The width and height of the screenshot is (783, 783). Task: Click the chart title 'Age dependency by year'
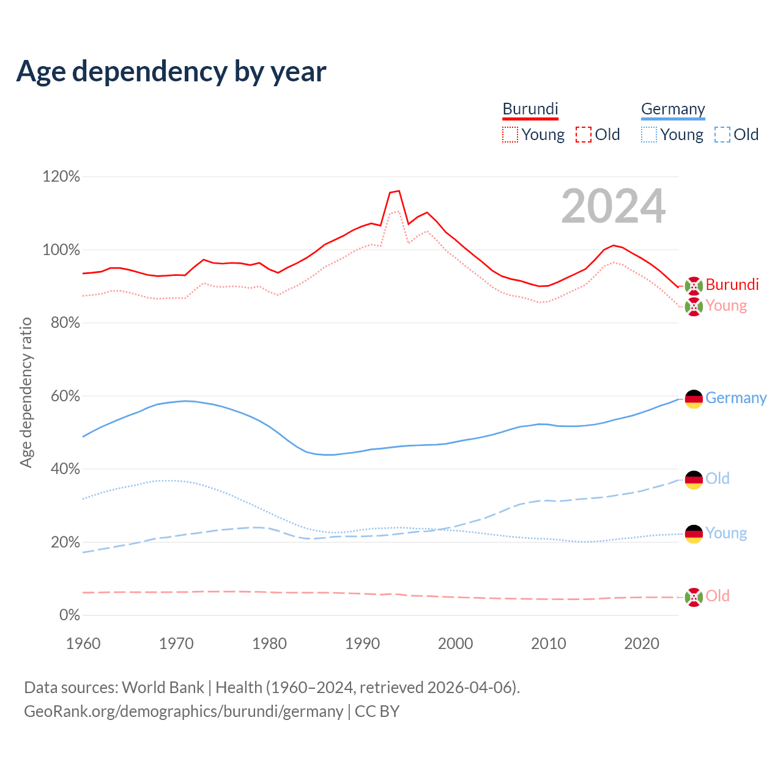171,71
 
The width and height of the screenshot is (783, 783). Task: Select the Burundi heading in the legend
530,109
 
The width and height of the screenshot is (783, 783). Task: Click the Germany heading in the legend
673,109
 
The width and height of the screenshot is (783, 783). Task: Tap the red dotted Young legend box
510,135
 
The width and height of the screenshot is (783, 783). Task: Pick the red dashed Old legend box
584,135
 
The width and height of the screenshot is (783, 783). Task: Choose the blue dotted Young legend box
649,135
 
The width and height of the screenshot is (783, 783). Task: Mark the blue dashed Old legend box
722,135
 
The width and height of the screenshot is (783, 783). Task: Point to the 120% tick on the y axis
61,177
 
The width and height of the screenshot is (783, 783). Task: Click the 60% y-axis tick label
65,396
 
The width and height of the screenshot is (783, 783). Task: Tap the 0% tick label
69,615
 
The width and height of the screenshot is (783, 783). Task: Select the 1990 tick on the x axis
363,644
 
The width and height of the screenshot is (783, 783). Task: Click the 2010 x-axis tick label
549,644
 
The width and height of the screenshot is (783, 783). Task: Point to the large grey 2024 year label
613,207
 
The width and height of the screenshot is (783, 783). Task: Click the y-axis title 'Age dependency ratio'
26,392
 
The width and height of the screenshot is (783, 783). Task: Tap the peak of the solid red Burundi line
399,191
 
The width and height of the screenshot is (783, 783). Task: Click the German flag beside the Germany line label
694,399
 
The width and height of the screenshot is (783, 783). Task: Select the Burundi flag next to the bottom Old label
694,597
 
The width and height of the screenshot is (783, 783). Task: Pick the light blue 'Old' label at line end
718,478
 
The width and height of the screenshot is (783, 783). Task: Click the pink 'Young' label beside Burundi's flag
726,305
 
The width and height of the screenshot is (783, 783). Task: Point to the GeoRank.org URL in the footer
184,711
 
